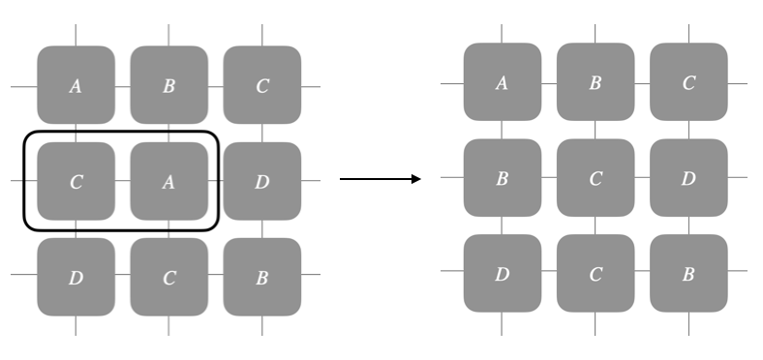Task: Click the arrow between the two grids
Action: tap(380, 179)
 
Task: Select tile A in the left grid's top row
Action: tap(76, 85)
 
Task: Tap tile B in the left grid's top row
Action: tap(168, 85)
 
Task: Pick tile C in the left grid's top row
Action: tap(261, 85)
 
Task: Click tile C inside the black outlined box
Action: tap(76, 181)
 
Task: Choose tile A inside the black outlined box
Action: tap(168, 181)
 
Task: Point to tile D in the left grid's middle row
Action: tap(261, 181)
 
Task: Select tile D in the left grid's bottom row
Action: tap(76, 277)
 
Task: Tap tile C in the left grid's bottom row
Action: tap(168, 277)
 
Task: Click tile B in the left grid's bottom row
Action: tap(261, 277)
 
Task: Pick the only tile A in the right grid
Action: tap(502, 82)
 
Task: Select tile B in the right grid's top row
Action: tap(595, 82)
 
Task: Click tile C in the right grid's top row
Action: tap(687, 82)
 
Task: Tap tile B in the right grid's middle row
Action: tap(502, 178)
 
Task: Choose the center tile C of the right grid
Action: tap(595, 178)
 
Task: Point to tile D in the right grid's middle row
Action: tap(687, 178)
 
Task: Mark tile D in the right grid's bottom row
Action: tap(502, 273)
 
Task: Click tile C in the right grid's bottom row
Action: tap(595, 273)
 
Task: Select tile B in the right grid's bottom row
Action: tap(687, 273)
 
